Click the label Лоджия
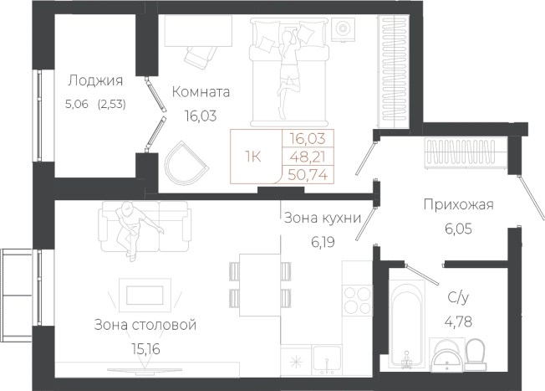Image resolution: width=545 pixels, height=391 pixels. coord(94,81)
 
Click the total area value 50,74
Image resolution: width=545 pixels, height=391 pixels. coord(308,173)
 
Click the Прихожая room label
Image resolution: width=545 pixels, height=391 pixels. coord(459,204)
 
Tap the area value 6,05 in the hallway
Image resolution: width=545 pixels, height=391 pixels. coord(459,226)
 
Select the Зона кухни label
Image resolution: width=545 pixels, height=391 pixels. coord(321,219)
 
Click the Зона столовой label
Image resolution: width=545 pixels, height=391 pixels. coord(145,324)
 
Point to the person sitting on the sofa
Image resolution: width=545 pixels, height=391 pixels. coord(130,226)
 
